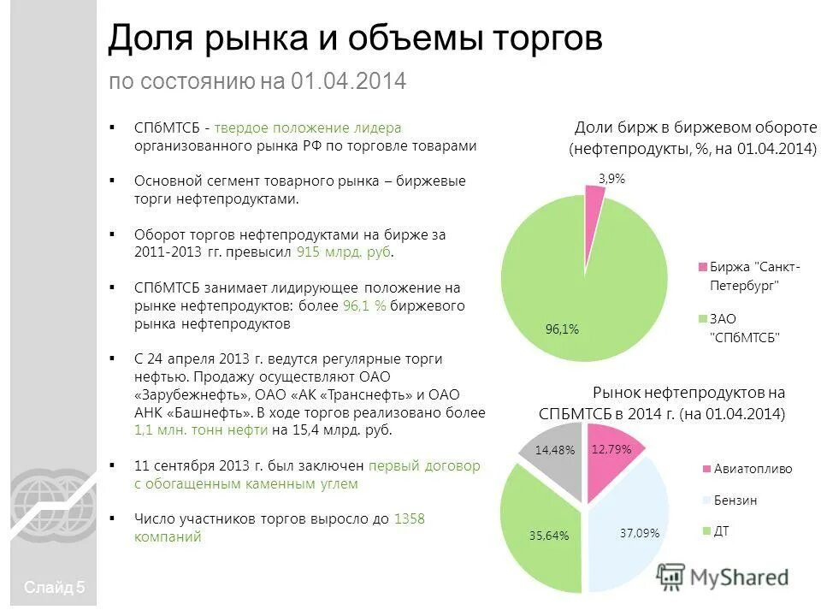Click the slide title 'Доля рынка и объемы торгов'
[355, 38]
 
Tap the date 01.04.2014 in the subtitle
[348, 82]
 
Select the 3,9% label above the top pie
[611, 179]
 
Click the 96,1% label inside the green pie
[562, 329]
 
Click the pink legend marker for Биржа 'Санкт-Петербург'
[702, 266]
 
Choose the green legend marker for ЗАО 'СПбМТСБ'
[702, 318]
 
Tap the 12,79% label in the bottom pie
[611, 448]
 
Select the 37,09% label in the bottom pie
[639, 533]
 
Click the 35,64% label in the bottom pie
[548, 536]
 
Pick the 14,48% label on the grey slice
[555, 449]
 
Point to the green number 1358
[409, 519]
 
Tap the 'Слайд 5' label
[55, 587]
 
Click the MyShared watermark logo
[724, 577]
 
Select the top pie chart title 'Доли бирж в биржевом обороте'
[694, 127]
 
